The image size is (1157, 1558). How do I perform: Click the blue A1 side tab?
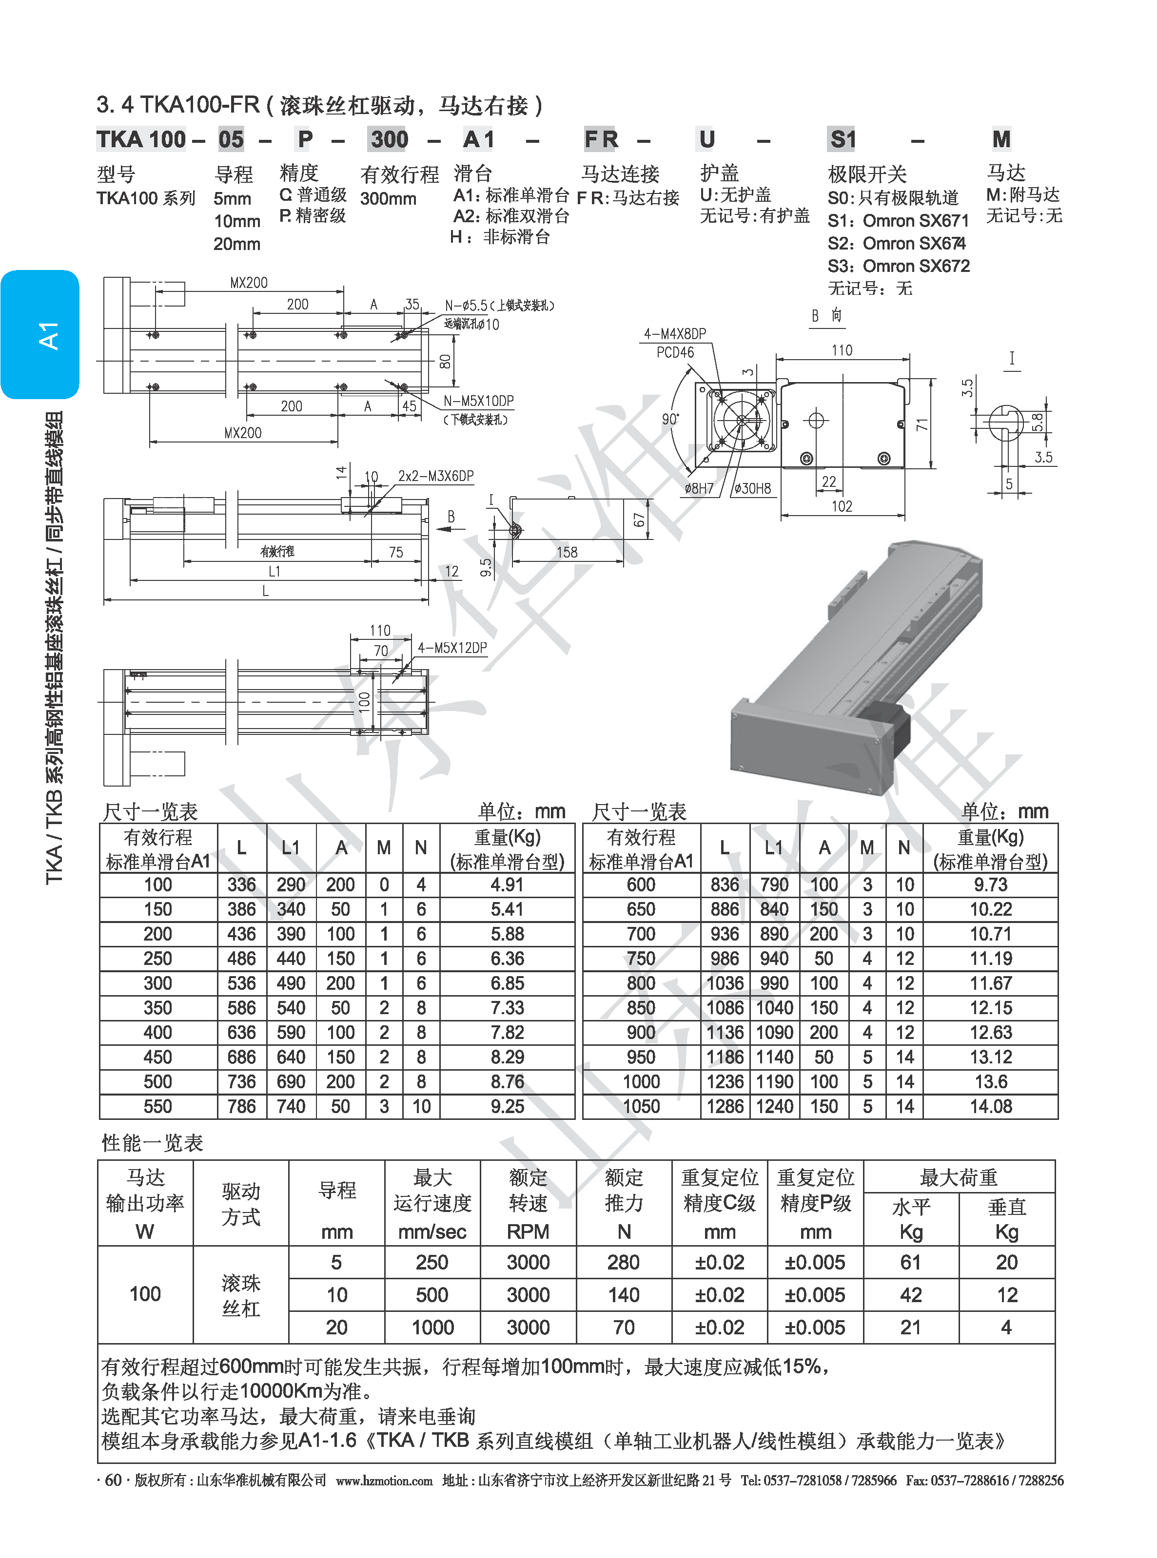click(x=40, y=335)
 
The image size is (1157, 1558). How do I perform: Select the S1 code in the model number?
click(x=843, y=139)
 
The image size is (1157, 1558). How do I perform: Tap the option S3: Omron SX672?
click(x=899, y=266)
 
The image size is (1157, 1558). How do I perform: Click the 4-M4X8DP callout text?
click(x=675, y=334)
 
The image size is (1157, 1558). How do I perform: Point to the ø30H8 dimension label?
click(x=753, y=488)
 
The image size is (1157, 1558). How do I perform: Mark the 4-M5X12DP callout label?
click(x=452, y=648)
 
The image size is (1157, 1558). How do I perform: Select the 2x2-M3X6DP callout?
click(x=435, y=476)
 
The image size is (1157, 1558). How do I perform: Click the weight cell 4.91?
click(x=507, y=885)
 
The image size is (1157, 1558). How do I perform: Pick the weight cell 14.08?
click(x=990, y=1107)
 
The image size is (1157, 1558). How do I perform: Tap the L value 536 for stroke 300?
click(x=242, y=983)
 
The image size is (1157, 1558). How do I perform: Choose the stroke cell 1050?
click(x=641, y=1107)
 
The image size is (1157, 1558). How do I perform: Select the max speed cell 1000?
click(x=432, y=1327)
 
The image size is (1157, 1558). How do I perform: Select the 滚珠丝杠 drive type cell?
click(x=241, y=1295)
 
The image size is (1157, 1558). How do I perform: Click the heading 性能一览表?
click(x=152, y=1143)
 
